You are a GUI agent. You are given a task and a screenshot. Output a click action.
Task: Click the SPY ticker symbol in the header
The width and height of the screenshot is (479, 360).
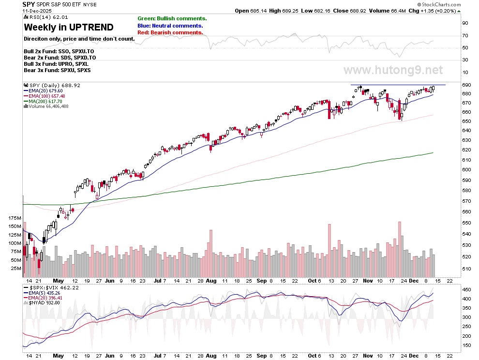[29, 4]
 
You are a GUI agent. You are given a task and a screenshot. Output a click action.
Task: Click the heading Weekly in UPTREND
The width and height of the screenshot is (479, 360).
[69, 28]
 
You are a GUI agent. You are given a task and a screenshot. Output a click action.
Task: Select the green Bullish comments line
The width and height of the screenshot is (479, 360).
[172, 18]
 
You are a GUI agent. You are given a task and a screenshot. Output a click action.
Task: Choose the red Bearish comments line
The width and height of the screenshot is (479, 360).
[170, 32]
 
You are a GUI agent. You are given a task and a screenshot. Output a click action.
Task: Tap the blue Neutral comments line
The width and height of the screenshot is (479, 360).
[170, 26]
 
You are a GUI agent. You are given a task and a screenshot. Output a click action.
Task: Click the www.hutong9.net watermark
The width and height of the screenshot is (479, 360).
[393, 70]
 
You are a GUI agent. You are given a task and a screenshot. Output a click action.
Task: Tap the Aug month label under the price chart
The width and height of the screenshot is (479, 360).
[211, 280]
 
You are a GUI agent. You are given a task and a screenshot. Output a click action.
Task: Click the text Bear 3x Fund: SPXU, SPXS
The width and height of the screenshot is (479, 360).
[57, 70]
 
